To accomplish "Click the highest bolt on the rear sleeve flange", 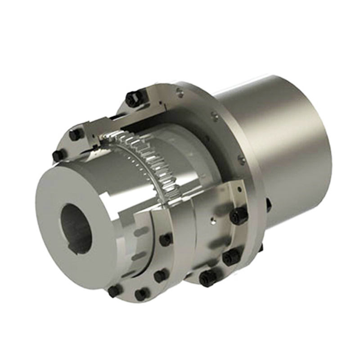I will (x=238, y=216).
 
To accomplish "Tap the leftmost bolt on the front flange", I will (x=58, y=155).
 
